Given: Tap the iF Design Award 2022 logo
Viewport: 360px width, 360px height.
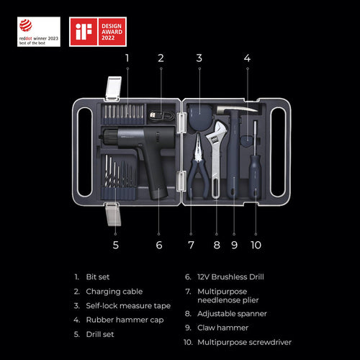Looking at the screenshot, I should pyautogui.click(x=98, y=32).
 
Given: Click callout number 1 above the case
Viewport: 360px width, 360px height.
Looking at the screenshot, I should pyautogui.click(x=127, y=57).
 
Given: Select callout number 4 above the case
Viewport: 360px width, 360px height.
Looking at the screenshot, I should pyautogui.click(x=247, y=57).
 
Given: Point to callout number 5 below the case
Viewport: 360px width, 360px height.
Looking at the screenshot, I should pyautogui.click(x=115, y=244).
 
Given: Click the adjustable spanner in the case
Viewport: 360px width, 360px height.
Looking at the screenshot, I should pyautogui.click(x=216, y=158).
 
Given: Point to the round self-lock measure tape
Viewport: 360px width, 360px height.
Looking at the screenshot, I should pyautogui.click(x=197, y=114).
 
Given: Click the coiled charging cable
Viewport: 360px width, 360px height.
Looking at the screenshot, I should pyautogui.click(x=161, y=114).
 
